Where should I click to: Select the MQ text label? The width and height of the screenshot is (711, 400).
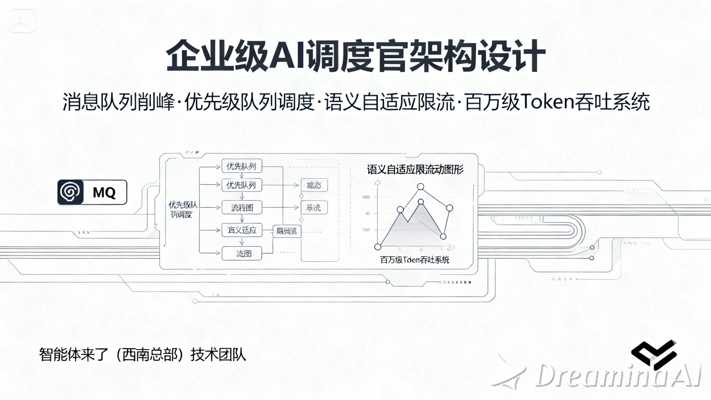[x=104, y=192]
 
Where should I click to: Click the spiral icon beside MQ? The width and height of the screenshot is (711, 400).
[x=70, y=192]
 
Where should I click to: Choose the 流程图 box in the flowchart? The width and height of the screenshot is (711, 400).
[x=242, y=207]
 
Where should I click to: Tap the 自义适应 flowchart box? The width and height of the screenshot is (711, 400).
[x=242, y=230]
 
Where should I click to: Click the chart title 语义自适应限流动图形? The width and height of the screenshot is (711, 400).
[x=415, y=169]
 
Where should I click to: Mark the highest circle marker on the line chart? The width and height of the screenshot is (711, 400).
[x=421, y=187]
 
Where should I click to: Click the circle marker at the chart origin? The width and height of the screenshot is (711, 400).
[x=378, y=247]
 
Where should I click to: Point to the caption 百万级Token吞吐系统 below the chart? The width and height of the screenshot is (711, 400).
[x=414, y=260]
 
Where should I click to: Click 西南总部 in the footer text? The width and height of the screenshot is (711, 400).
[x=150, y=355]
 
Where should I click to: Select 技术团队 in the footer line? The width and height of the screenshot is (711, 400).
[x=218, y=355]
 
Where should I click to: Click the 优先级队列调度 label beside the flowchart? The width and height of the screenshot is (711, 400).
[x=182, y=210]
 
